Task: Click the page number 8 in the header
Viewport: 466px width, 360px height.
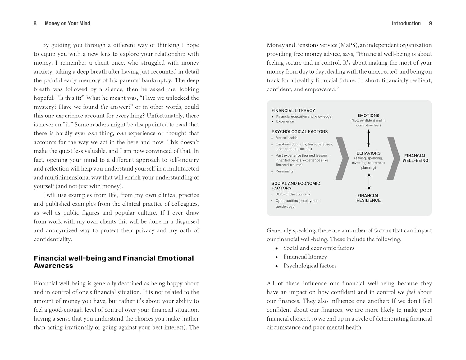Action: (35, 23)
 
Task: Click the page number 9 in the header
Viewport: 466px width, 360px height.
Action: (430, 23)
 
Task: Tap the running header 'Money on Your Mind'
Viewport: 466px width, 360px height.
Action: (67, 23)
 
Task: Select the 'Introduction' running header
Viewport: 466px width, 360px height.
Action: (406, 23)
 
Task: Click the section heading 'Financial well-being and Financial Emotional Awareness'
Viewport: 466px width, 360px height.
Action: (114, 262)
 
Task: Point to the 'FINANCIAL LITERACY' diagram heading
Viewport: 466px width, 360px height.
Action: (293, 110)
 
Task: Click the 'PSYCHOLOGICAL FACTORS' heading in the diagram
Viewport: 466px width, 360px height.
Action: (299, 131)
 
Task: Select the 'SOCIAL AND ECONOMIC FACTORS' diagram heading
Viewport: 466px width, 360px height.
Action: (296, 185)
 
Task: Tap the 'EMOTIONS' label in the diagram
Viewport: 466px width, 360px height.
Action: (368, 115)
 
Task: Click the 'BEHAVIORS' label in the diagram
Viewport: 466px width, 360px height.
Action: (368, 153)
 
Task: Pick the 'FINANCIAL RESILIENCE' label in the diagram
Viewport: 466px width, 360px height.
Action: (368, 198)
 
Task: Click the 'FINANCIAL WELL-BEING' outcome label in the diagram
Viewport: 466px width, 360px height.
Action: (415, 158)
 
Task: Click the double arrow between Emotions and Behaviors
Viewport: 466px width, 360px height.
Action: (368, 138)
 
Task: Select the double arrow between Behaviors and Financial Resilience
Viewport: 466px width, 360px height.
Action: (369, 181)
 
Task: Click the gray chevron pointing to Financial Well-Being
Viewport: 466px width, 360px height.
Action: (393, 158)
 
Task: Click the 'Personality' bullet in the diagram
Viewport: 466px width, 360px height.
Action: (285, 171)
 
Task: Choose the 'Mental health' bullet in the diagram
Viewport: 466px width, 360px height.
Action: (286, 138)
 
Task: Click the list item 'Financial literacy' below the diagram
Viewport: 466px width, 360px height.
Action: (305, 257)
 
